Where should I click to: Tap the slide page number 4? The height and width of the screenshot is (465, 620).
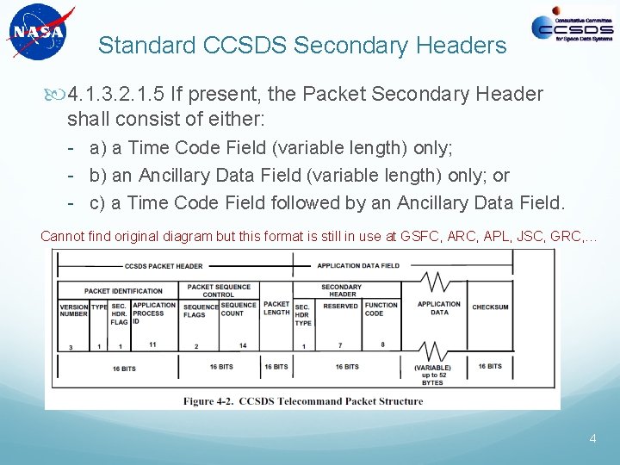point(592,438)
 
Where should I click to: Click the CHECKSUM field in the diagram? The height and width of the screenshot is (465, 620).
point(490,307)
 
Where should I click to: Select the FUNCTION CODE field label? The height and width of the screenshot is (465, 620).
point(381,309)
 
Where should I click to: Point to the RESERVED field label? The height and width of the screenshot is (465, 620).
point(340,305)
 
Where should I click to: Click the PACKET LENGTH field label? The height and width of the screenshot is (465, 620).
point(276,308)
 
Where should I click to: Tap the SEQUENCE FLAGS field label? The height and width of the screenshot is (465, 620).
point(200,310)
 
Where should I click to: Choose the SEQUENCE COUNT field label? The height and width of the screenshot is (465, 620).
point(239,308)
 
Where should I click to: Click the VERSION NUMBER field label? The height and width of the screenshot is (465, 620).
point(73,310)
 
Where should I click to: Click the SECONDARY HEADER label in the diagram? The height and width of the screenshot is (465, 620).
point(341,290)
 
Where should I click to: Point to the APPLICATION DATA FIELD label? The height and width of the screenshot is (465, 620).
point(358,266)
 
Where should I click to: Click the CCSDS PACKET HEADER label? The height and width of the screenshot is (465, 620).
point(164,266)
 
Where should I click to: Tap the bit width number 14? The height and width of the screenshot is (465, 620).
point(243,345)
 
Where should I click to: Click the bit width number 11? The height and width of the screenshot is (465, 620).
point(152,344)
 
